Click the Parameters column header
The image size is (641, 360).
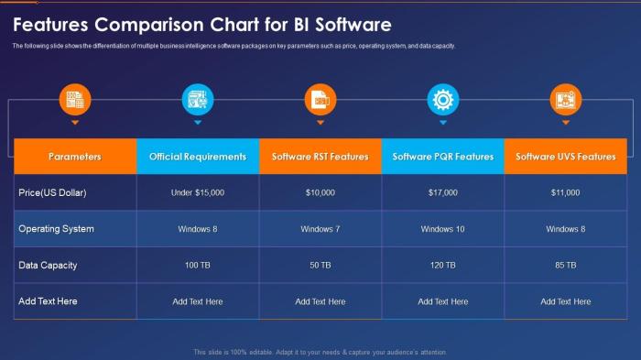pos(75,157)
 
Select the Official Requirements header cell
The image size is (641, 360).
pos(198,157)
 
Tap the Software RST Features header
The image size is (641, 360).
pos(320,157)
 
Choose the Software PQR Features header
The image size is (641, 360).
pos(443,157)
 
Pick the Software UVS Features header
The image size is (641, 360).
pos(566,157)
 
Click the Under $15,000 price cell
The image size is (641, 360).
pos(198,192)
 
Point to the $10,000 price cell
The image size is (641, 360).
pos(320,192)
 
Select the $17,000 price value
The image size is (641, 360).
pos(443,192)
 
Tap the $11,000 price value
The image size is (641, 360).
pos(566,192)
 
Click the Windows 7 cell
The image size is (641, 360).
pos(320,229)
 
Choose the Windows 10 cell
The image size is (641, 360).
pos(443,229)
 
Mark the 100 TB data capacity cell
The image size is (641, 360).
pos(198,265)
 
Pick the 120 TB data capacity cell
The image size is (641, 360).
pos(443,265)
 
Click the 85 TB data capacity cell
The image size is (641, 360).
pos(566,265)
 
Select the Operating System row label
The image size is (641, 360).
pos(57,229)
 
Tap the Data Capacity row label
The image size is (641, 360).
pos(48,265)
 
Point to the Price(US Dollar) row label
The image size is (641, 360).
pos(52,192)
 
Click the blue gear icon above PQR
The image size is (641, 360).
pos(443,99)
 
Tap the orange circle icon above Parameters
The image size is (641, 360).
pos(75,99)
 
